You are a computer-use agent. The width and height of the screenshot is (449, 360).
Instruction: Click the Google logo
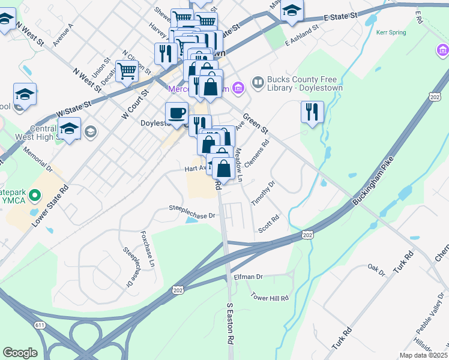coord(20,353)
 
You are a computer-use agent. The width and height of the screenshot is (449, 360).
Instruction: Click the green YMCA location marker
coord(35,195)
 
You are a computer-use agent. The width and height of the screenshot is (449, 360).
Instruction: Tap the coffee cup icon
coord(176,113)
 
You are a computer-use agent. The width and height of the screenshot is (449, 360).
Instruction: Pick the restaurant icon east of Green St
coord(312,112)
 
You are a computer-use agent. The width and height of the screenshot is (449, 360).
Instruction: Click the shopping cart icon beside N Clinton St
coord(127,71)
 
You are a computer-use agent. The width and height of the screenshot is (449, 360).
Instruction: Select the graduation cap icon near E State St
coord(292,10)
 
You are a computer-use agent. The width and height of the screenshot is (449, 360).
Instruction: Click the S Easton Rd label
coord(230,322)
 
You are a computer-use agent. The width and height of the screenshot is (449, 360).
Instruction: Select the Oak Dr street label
coord(376,269)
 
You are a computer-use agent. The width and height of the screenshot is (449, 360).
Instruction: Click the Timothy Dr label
coord(262,193)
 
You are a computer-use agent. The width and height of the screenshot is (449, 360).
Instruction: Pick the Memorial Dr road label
coord(38,160)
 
